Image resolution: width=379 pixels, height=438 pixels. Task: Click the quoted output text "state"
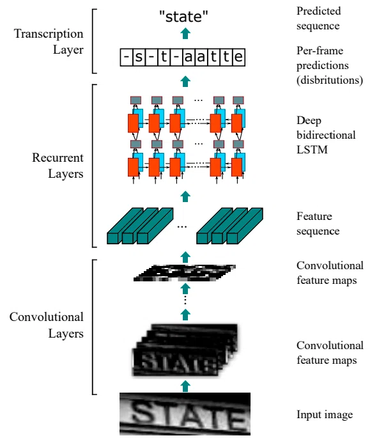[183, 16]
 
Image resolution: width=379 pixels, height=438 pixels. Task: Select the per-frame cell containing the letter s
[139, 58]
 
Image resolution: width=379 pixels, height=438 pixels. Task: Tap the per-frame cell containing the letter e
[238, 58]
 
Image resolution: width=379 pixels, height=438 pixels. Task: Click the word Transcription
[49, 33]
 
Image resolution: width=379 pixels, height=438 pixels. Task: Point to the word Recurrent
[58, 157]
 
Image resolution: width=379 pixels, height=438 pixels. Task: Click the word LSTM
[312, 150]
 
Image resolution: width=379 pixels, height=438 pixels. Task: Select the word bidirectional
[326, 135]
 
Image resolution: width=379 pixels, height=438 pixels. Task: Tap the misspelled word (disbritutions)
[330, 80]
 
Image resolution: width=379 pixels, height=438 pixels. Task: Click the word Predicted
[319, 11]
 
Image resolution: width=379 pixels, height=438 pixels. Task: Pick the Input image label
[325, 414]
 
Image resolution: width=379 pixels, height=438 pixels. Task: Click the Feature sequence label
[318, 223]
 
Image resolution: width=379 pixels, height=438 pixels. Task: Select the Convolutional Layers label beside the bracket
[47, 325]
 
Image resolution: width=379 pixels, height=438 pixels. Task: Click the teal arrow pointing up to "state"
[185, 33]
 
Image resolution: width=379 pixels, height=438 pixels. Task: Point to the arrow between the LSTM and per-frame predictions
[185, 81]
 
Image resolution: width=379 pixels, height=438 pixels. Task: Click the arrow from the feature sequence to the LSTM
[185, 196]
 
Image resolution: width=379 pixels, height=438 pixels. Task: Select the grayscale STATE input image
[185, 414]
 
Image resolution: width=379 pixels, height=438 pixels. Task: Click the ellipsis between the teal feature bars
[182, 227]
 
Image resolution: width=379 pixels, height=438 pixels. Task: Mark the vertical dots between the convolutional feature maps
[185, 301]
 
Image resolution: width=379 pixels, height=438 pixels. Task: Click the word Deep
[309, 121]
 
